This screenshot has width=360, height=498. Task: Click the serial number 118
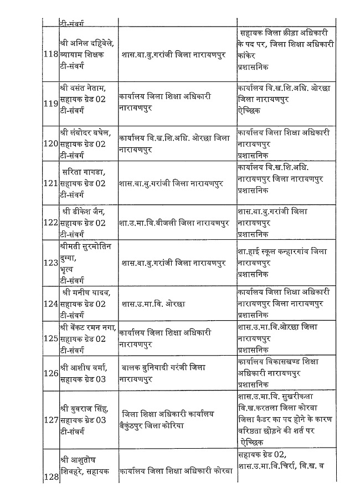(x=50, y=54)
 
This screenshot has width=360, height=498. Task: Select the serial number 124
(x=50, y=304)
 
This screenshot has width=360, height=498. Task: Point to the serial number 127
(x=50, y=420)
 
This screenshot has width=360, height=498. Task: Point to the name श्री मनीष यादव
(x=86, y=292)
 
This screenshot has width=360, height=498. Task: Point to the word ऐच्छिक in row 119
(x=249, y=110)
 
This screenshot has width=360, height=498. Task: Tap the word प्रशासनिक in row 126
(x=253, y=383)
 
